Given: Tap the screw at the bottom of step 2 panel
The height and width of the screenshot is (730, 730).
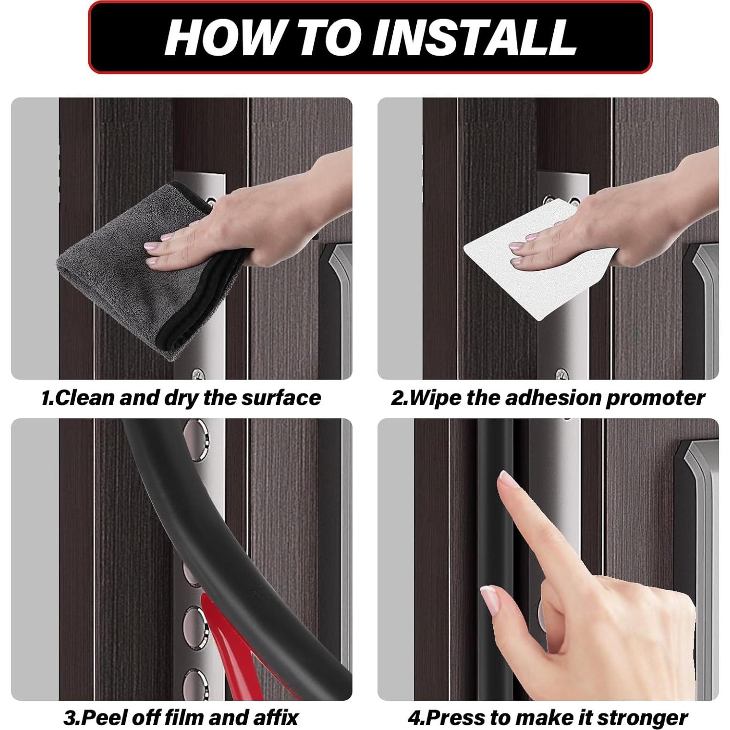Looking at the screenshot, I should [x=561, y=375].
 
